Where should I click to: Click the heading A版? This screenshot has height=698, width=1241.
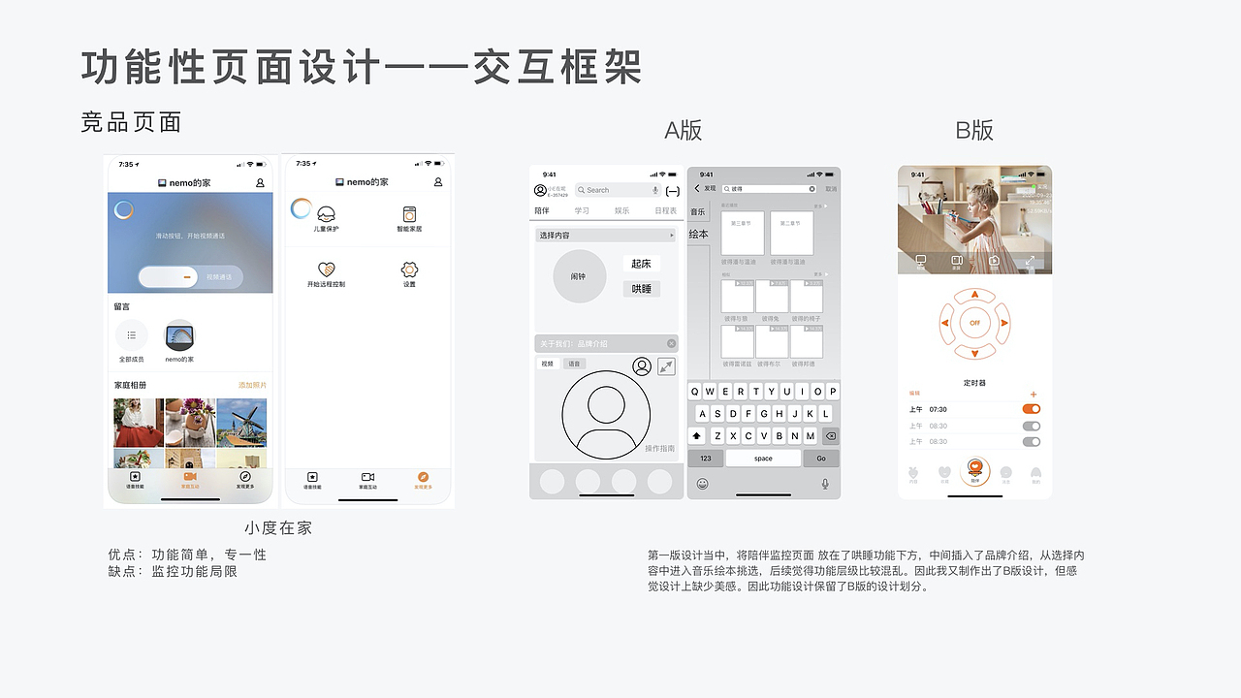click(x=684, y=131)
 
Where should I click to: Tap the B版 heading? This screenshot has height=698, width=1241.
click(x=974, y=131)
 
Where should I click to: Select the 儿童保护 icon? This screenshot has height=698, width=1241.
click(x=327, y=214)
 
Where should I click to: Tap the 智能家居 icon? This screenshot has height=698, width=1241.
click(x=409, y=214)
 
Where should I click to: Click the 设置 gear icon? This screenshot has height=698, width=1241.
click(x=409, y=270)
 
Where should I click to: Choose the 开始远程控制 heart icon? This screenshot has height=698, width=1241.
click(x=327, y=270)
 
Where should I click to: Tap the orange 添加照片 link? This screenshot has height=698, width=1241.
click(x=252, y=386)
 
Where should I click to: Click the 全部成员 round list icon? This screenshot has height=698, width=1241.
click(x=132, y=335)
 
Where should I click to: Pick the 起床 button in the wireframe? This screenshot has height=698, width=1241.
click(x=641, y=264)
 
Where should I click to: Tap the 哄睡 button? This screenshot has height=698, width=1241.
click(x=641, y=289)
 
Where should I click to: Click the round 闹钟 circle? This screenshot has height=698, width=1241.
click(x=579, y=276)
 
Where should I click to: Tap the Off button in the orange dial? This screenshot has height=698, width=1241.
click(x=975, y=323)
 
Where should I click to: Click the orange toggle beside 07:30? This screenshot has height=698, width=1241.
click(x=1032, y=409)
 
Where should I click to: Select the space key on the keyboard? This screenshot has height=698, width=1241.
click(x=763, y=459)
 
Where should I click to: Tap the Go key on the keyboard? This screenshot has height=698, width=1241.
click(x=821, y=459)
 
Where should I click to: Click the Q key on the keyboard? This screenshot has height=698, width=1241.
click(x=695, y=392)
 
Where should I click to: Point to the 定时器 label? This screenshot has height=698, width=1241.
click(x=974, y=383)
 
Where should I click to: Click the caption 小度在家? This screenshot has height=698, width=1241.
click(x=278, y=528)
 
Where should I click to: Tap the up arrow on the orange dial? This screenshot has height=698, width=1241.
click(x=975, y=295)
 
